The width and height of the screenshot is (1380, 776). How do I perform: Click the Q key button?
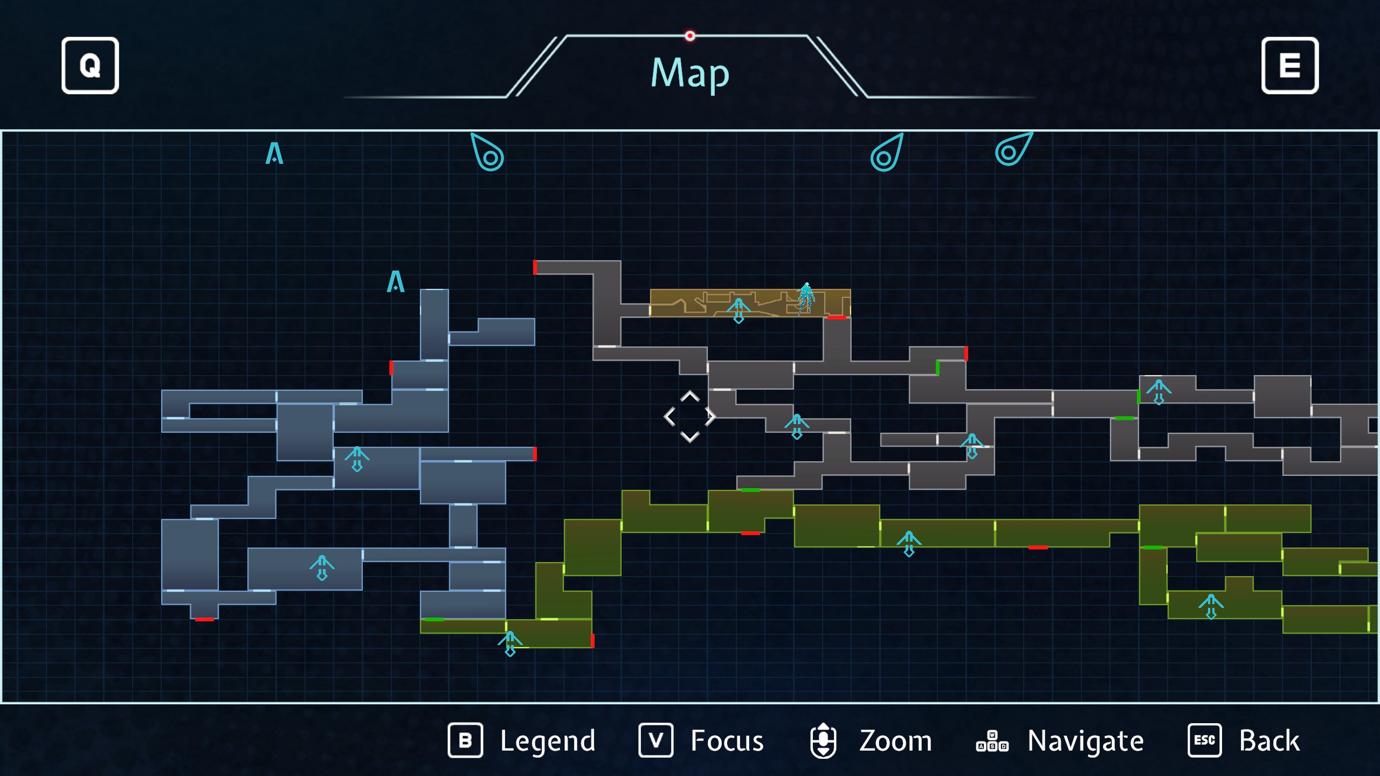[90, 66]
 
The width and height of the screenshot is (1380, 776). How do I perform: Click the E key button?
[1289, 66]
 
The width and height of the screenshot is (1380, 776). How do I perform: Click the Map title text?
[690, 73]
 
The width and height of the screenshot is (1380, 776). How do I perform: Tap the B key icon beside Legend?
[465, 740]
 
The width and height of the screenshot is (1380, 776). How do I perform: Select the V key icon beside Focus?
[655, 740]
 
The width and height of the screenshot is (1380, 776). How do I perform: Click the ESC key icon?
[1204, 740]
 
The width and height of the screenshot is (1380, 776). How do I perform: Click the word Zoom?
[895, 740]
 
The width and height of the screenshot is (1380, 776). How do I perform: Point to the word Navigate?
[1085, 740]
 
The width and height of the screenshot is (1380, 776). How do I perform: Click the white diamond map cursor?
[689, 417]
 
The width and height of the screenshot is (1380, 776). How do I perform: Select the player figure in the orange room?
[806, 298]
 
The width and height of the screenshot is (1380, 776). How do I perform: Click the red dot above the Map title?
[690, 36]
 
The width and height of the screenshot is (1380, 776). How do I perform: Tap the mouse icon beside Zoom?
[823, 740]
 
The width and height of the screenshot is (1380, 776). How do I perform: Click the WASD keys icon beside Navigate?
[992, 742]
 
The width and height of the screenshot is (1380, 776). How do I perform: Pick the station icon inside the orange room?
[739, 310]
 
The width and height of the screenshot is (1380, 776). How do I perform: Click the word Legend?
[547, 740]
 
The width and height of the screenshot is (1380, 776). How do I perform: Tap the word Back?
[1269, 740]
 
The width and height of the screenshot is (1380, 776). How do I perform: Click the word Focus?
[727, 740]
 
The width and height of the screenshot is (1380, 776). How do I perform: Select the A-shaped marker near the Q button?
[274, 154]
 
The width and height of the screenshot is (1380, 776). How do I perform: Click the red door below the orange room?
[837, 318]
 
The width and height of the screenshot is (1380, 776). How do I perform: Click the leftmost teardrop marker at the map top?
[488, 153]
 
